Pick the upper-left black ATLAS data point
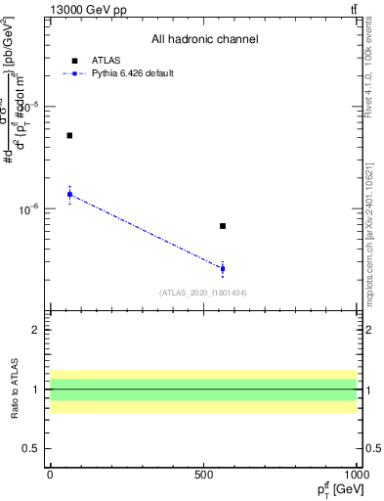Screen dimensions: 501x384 tap(69, 135)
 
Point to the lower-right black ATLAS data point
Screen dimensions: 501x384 tap(223, 226)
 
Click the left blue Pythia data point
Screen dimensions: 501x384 tap(69, 194)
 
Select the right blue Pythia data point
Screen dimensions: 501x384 tap(223, 268)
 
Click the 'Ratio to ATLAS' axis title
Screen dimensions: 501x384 tap(16, 389)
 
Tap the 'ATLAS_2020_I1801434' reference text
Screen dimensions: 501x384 tap(203, 293)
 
